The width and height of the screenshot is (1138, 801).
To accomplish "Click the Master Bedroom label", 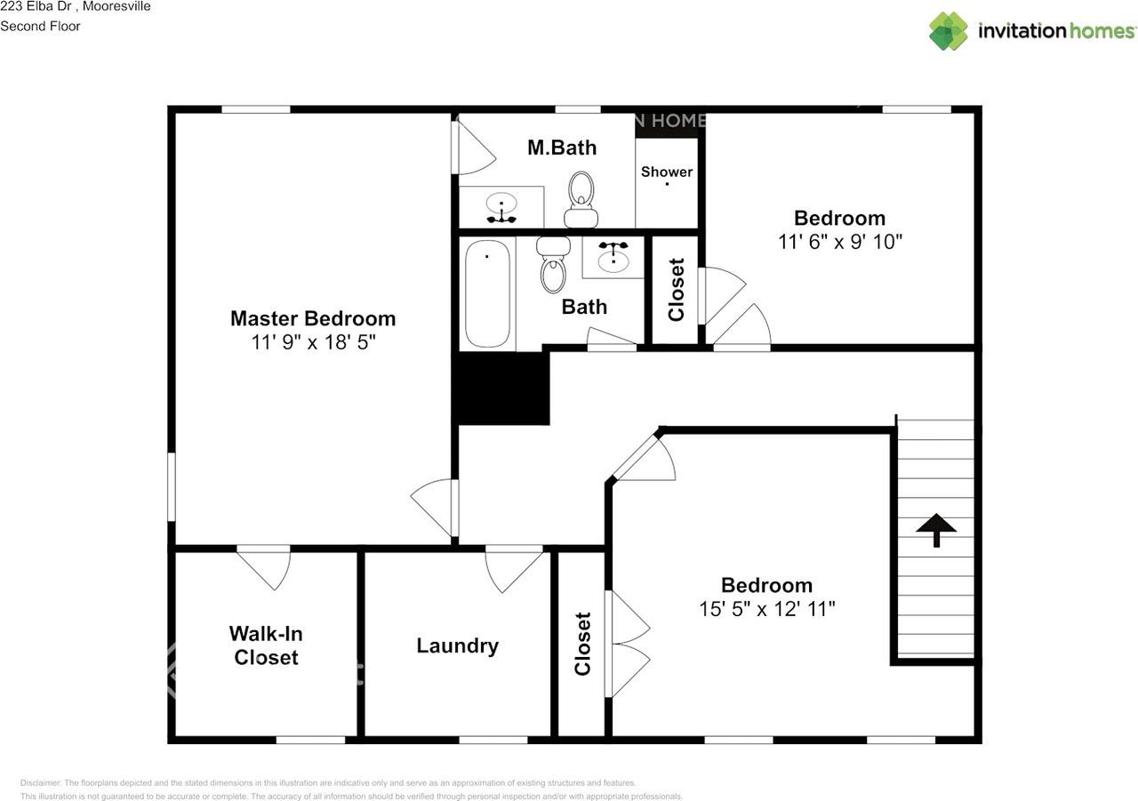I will coord(313,318).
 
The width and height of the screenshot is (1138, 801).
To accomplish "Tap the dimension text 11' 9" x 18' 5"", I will coord(313,342).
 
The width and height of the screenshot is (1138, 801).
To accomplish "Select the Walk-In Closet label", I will coord(265,645).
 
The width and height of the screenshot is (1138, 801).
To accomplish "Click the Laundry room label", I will coord(457,645).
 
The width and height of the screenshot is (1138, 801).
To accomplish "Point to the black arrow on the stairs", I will coord(936,531).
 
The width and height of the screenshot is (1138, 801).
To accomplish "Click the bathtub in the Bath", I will coord(487,293).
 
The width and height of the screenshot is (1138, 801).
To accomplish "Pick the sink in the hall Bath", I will coord(613,258).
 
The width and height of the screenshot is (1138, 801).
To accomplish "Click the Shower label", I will coord(667,172).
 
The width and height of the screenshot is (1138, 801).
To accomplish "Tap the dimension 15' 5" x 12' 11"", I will coord(766,609).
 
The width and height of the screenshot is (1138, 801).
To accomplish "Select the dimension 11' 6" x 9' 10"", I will coord(840,242).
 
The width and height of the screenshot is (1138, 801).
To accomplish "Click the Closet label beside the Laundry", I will coord(583,643).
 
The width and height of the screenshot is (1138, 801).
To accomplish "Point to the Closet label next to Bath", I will coord(677,289).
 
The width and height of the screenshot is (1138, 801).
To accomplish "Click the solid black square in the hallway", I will coord(501,388).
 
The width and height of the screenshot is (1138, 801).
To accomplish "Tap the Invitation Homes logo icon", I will coord(948,31).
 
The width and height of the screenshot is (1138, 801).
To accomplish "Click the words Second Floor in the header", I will coord(40,26).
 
